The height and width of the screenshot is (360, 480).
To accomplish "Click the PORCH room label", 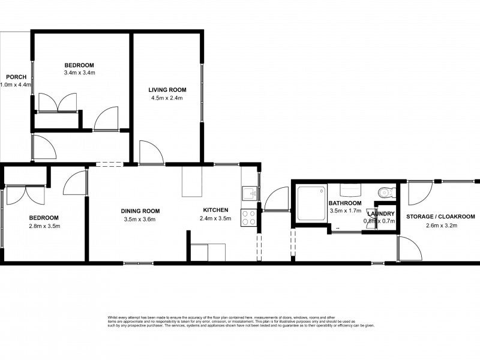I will [x=15, y=77].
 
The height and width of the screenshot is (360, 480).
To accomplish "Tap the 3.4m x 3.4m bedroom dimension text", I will [x=80, y=73].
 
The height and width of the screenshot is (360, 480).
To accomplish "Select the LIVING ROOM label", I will [x=166, y=90].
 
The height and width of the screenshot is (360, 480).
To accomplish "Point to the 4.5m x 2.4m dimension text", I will [x=166, y=98].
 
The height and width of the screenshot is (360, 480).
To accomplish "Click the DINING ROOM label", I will [x=140, y=211].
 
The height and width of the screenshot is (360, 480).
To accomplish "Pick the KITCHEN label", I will [x=215, y=210].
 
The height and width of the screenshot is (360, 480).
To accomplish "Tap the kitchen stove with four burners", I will [x=249, y=217].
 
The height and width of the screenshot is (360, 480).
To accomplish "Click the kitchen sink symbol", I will [x=250, y=193].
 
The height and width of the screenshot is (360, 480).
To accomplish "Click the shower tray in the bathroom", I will [x=312, y=202].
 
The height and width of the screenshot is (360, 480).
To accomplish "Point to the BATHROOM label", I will [x=344, y=203].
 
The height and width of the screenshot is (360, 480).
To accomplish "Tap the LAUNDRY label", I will [x=380, y=214].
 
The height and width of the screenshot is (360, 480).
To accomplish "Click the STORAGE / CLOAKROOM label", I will [x=440, y=217].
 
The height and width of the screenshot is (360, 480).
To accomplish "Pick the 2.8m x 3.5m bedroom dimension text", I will [x=44, y=226].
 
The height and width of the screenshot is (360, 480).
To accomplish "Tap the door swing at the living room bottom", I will [x=150, y=152].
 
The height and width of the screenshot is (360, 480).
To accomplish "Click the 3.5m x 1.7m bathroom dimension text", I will [x=344, y=211].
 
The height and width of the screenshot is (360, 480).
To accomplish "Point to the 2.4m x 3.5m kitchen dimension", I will [x=215, y=218].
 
